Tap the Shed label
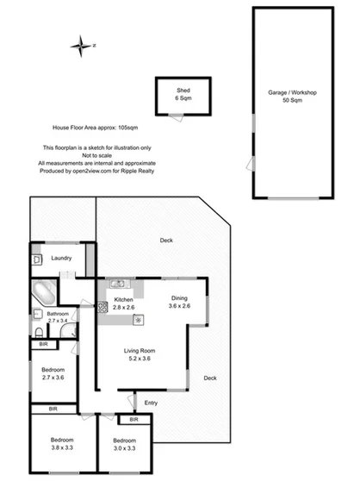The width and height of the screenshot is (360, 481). click(x=183, y=90)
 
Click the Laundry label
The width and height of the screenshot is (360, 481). click(x=61, y=258)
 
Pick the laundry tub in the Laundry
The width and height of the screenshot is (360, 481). click(x=36, y=259)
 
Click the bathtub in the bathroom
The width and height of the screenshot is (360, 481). click(x=42, y=295)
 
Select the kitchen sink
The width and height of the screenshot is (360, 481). click(x=118, y=284)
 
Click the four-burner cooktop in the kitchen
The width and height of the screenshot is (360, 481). click(x=102, y=306)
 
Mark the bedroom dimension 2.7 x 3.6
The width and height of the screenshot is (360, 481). click(x=52, y=378)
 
